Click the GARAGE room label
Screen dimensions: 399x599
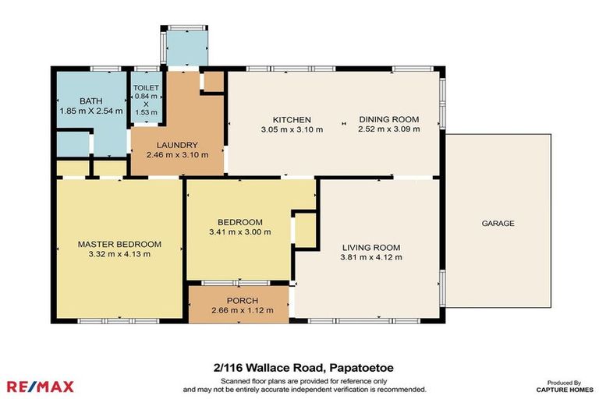(498, 224)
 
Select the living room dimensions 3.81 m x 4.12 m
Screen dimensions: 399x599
(370, 258)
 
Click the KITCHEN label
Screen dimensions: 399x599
(281, 119)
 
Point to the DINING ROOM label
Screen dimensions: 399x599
(388, 119)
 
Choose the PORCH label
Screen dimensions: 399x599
(242, 301)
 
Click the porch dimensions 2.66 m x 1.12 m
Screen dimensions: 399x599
(242, 311)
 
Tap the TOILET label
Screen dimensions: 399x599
(146, 88)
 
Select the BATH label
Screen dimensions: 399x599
(90, 101)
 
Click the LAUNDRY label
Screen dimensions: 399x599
(177, 145)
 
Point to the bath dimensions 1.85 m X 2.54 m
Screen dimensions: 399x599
(90, 111)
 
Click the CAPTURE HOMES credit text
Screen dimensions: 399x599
(565, 389)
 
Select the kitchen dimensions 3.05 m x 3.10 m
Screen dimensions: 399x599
(281, 129)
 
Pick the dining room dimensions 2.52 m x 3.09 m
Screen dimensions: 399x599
(388, 129)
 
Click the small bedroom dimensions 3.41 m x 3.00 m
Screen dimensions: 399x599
(239, 231)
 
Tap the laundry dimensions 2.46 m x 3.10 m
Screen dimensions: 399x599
(177, 155)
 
